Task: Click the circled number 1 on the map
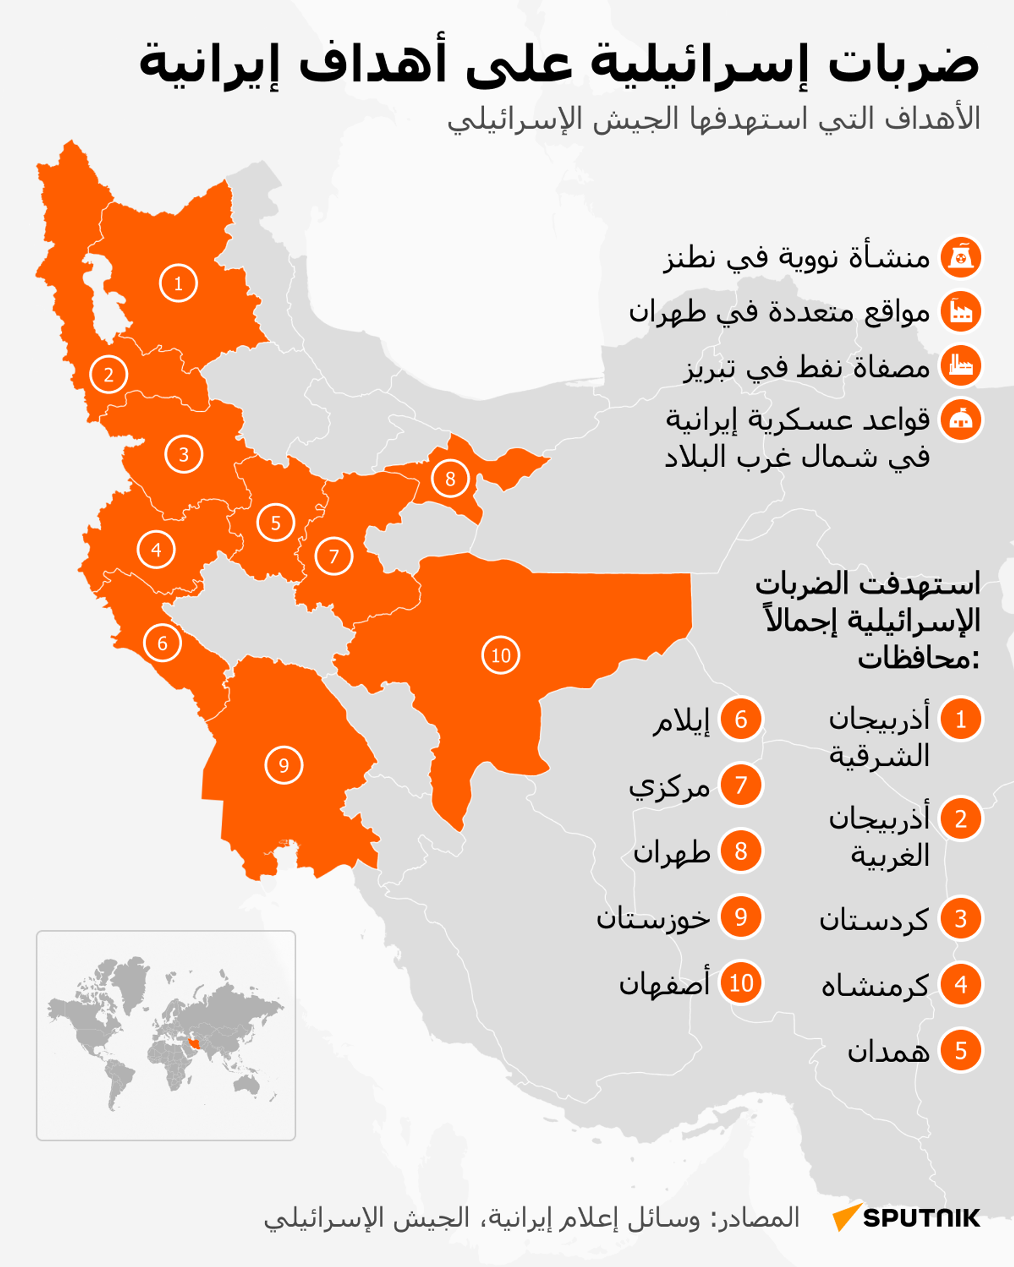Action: click(178, 283)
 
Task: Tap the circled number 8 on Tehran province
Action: click(450, 478)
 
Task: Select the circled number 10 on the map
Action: click(500, 655)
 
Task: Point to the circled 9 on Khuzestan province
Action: click(284, 765)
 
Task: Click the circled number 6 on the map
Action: click(162, 643)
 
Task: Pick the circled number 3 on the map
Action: click(183, 454)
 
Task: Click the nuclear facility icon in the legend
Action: click(961, 258)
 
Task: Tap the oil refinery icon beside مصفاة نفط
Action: click(961, 366)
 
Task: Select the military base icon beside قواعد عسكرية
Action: click(961, 420)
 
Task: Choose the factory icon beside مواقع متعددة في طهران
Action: click(961, 311)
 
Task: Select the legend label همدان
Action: click(888, 1051)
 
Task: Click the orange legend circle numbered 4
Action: click(961, 985)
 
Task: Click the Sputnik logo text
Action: click(921, 1218)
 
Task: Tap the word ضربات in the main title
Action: click(903, 63)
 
